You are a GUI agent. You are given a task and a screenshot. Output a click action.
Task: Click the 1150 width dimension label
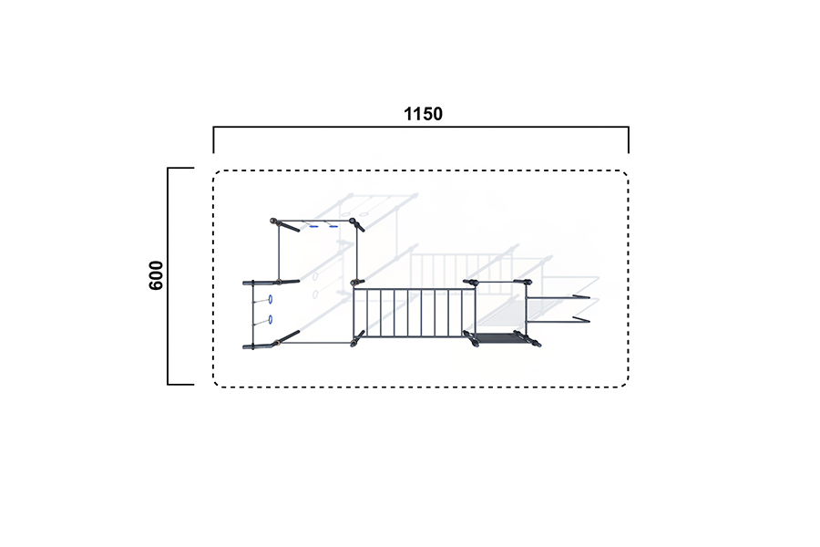click(x=423, y=114)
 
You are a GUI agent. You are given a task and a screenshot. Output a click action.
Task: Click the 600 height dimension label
click(x=156, y=275)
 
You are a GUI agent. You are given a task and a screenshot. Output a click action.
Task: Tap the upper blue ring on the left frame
click(x=271, y=299)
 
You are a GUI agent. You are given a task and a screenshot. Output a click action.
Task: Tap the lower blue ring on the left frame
click(x=271, y=319)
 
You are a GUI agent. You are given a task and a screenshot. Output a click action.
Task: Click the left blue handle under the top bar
click(x=313, y=227)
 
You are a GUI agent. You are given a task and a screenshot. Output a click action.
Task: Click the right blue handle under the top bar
click(x=333, y=227)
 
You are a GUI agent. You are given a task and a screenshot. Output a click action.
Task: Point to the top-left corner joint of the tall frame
click(x=273, y=221)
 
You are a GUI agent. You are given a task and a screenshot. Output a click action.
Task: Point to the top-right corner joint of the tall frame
click(x=353, y=221)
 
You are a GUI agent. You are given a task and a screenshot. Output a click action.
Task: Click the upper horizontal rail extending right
click(x=558, y=298)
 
